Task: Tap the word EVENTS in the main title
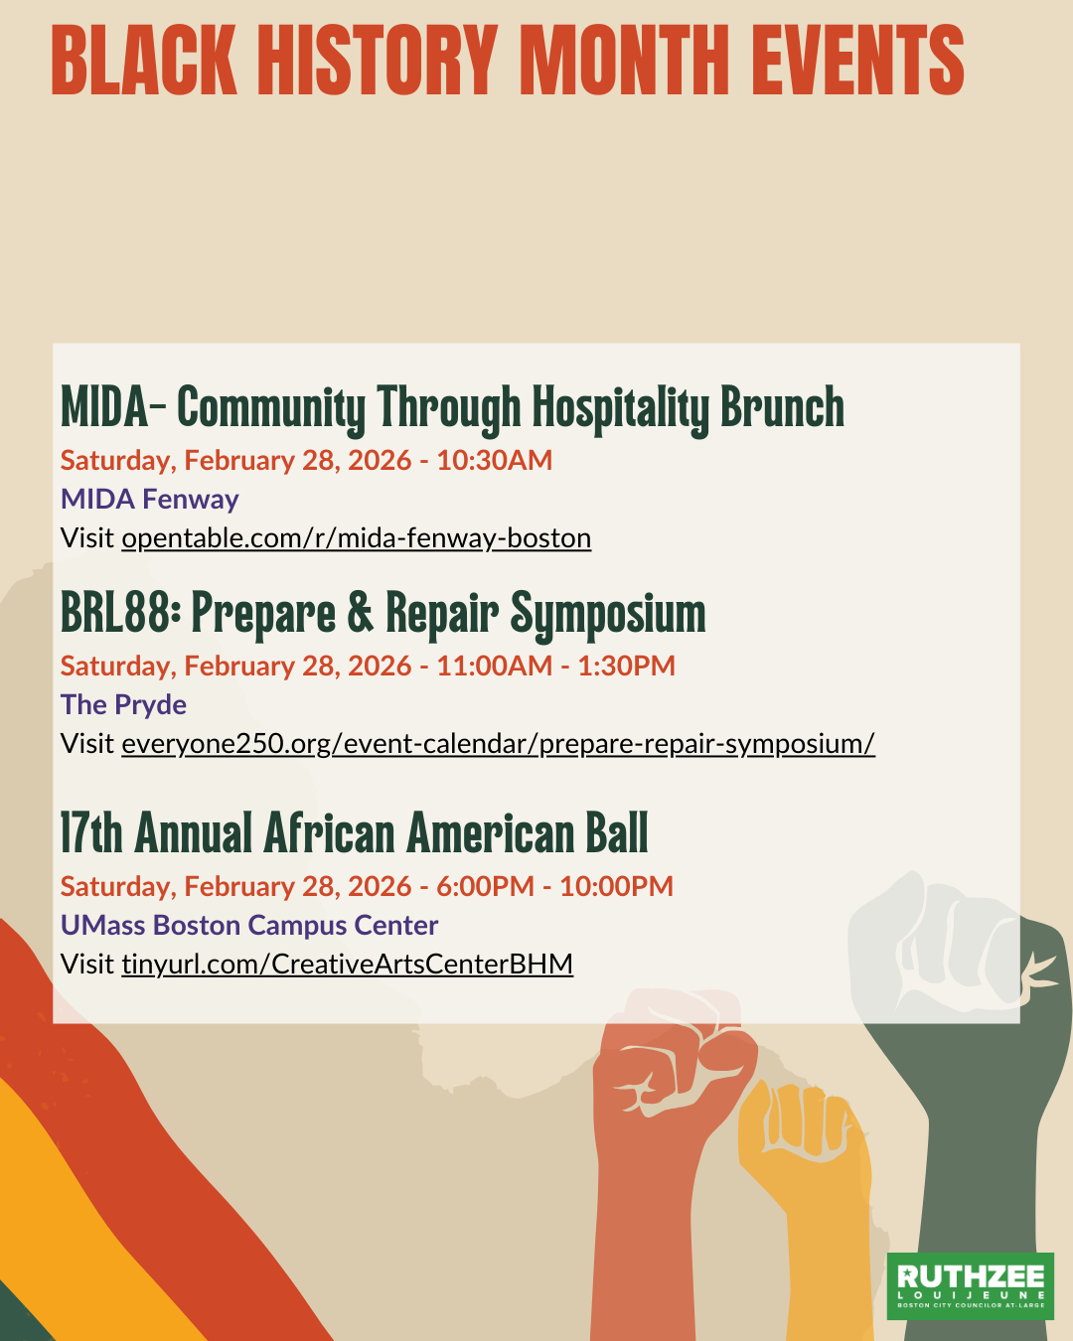[857, 60]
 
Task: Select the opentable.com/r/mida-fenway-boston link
[357, 538]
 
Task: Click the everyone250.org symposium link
[498, 744]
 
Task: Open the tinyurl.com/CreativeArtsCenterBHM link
[348, 964]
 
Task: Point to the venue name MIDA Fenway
[150, 499]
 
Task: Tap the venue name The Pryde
[123, 705]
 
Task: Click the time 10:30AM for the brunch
[495, 461]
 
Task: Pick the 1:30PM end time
[627, 667]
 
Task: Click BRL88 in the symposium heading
[115, 613]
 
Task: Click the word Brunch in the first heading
[783, 407]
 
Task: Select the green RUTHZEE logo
[970, 1286]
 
